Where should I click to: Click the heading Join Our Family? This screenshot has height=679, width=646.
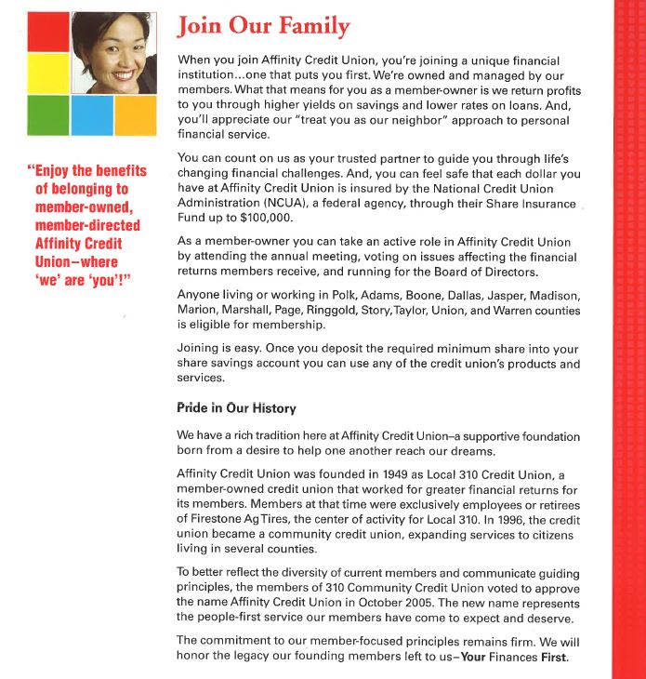click(x=263, y=26)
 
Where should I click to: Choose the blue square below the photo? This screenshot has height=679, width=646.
click(x=92, y=115)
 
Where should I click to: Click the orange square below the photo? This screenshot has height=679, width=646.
click(x=135, y=115)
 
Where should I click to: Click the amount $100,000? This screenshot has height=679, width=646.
click(x=265, y=218)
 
